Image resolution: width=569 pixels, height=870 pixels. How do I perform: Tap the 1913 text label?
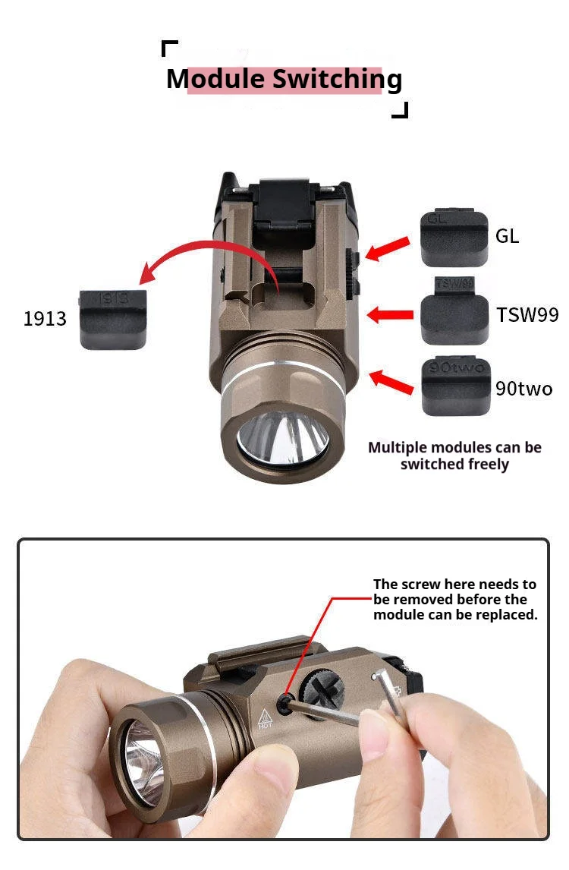pyautogui.click(x=45, y=319)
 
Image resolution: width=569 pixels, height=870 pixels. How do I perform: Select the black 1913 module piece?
pyautogui.click(x=113, y=320)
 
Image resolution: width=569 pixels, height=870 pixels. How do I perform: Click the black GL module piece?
pyautogui.click(x=454, y=238)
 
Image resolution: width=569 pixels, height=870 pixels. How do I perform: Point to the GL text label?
pyautogui.click(x=507, y=236)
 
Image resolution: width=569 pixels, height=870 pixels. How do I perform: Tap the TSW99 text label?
pyautogui.click(x=527, y=314)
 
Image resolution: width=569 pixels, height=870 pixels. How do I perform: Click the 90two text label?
pyautogui.click(x=524, y=389)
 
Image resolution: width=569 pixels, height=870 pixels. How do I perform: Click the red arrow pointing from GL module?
pyautogui.click(x=388, y=248)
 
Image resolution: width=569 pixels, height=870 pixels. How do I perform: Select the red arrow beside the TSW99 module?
pyautogui.click(x=391, y=314)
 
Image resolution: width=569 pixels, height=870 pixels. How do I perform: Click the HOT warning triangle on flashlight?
pyautogui.click(x=265, y=718)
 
